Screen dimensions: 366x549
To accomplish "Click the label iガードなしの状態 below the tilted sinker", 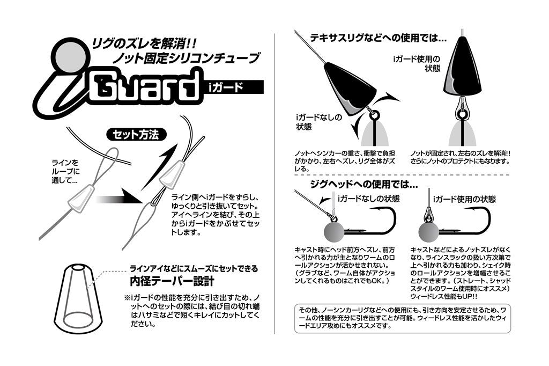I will click(318, 122).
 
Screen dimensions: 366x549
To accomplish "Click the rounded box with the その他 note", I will click(402, 318).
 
